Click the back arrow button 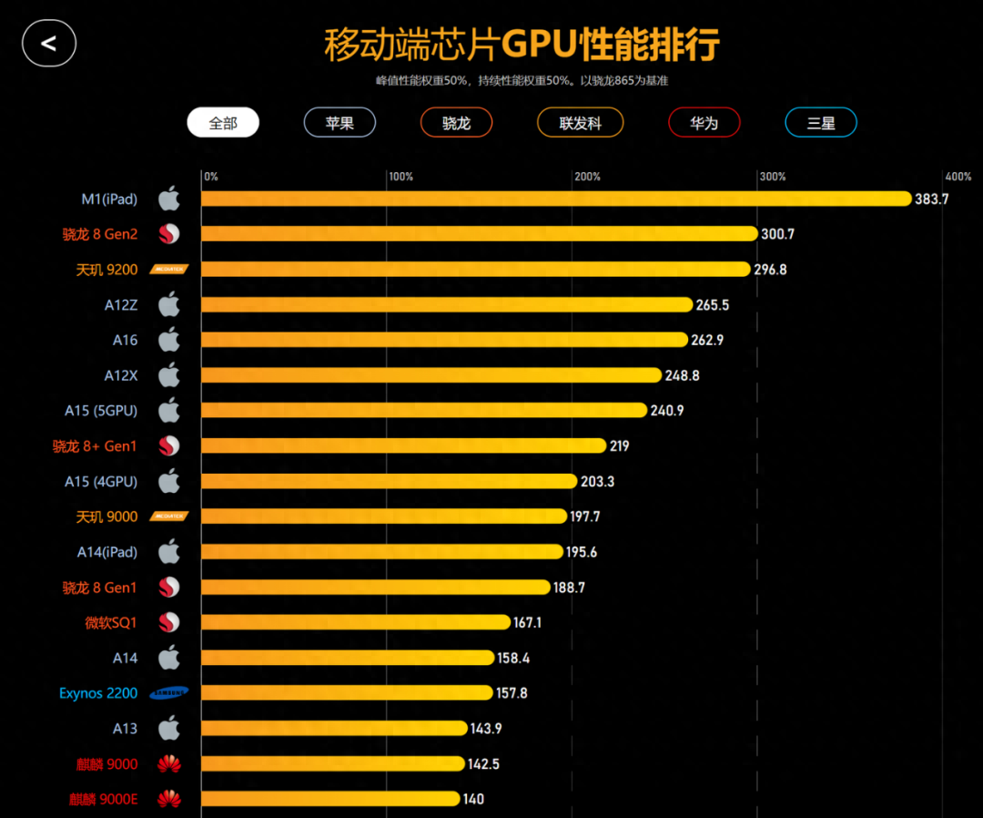49,43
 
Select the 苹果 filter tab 339,123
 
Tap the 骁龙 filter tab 456,123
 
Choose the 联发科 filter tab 580,123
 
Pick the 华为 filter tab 704,123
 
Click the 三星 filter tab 820,123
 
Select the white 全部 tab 223,123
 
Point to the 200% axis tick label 587,177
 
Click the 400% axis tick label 958,177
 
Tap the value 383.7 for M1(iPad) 931,199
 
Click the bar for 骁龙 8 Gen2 479,234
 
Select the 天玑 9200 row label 106,270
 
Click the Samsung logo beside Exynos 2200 169,693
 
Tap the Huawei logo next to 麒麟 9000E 169,800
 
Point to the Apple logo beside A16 169,340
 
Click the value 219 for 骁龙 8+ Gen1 619,446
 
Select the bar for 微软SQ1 355,622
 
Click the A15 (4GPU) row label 100,481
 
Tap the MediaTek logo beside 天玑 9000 169,516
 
